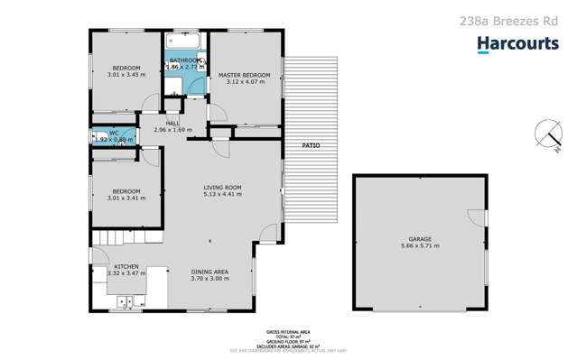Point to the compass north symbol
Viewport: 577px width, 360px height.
pos(546,134)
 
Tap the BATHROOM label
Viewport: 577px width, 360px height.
pos(185,60)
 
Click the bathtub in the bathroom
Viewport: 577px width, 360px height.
pos(184,42)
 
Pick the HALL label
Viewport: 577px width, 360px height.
pos(172,123)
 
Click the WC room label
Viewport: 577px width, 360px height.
pos(101,133)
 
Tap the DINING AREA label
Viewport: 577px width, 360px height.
pos(209,272)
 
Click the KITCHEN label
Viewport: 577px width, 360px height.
pos(126,266)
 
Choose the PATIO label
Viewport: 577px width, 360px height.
pos(310,145)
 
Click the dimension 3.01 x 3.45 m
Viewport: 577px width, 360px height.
pos(126,76)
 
